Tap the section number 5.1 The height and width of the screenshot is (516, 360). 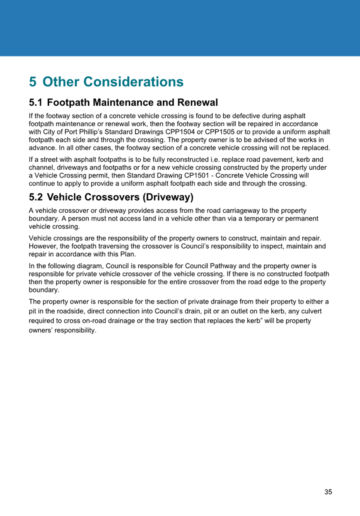click(x=35, y=103)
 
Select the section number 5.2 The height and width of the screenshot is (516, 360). click(x=35, y=197)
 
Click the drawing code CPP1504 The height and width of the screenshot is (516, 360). click(x=180, y=132)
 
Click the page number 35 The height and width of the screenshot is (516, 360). click(x=328, y=492)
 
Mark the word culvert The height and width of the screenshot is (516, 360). click(x=311, y=311)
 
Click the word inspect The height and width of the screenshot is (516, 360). click(x=271, y=247)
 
